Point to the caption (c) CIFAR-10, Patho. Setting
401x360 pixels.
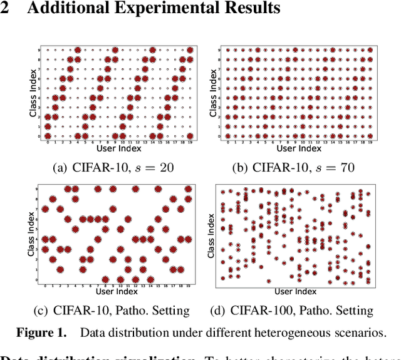[112, 310]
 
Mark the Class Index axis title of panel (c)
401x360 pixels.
[32, 233]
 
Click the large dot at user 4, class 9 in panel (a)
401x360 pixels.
[78, 50]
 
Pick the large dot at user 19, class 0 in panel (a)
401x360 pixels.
[190, 136]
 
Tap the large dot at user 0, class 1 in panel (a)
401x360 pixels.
[48, 126]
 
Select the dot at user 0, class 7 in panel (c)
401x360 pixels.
[45, 209]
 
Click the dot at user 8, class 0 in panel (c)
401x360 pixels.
[105, 279]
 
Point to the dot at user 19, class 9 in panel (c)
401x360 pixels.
[188, 189]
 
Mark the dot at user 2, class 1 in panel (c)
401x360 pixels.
[60, 269]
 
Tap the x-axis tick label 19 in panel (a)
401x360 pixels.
[190, 143]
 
